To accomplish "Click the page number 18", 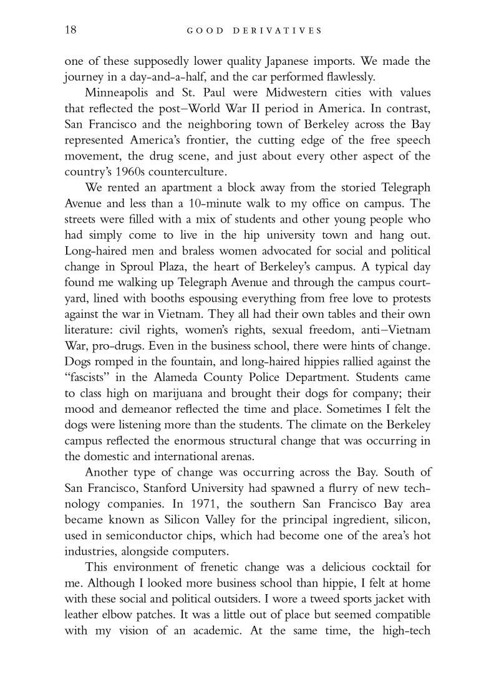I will pyautogui.click(x=70, y=30).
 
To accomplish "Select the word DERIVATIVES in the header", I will pyautogui.click(x=283, y=30).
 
